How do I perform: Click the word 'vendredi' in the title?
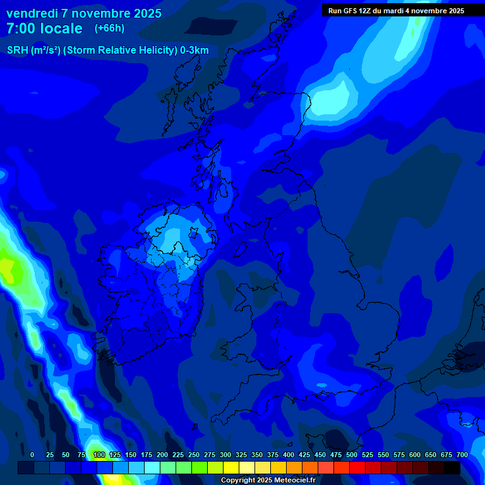[32, 13]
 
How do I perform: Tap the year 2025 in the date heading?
[146, 13]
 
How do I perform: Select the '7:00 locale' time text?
[44, 28]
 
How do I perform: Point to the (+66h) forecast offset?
[109, 28]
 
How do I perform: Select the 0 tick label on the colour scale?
[32, 455]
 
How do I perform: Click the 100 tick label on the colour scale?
[99, 455]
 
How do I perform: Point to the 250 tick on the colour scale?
[194, 455]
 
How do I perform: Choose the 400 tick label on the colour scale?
[289, 455]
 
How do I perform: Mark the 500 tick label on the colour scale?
[352, 455]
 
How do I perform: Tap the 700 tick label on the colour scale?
[462, 455]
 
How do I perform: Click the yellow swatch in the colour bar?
[231, 468]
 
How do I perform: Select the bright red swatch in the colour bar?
[357, 468]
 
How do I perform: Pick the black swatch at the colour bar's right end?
[452, 468]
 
